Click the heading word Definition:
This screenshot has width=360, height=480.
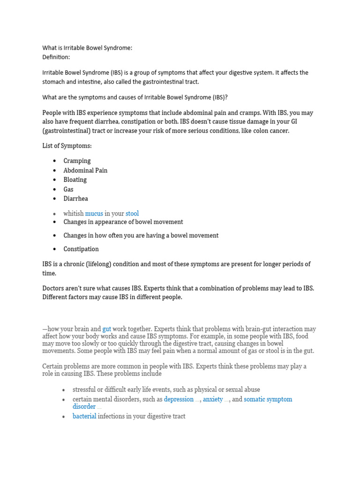tap(56, 57)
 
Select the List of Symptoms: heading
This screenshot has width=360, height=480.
tap(67, 146)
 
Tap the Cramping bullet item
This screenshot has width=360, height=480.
tap(77, 161)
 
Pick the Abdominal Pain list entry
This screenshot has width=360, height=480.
tap(85, 170)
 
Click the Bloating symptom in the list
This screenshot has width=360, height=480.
tap(75, 180)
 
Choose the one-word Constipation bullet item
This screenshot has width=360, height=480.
tap(81, 249)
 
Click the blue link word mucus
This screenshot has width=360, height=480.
tap(94, 213)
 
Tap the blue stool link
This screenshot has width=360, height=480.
tap(132, 213)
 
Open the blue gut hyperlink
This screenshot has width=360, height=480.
tap(106, 330)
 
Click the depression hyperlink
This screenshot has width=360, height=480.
tap(179, 399)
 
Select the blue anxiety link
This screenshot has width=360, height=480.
tap(213, 399)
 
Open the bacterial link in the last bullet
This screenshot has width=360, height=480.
tap(84, 416)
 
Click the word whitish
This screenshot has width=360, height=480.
tap(73, 213)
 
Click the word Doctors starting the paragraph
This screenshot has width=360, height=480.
tap(55, 288)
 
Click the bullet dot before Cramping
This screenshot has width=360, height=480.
tap(54, 161)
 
